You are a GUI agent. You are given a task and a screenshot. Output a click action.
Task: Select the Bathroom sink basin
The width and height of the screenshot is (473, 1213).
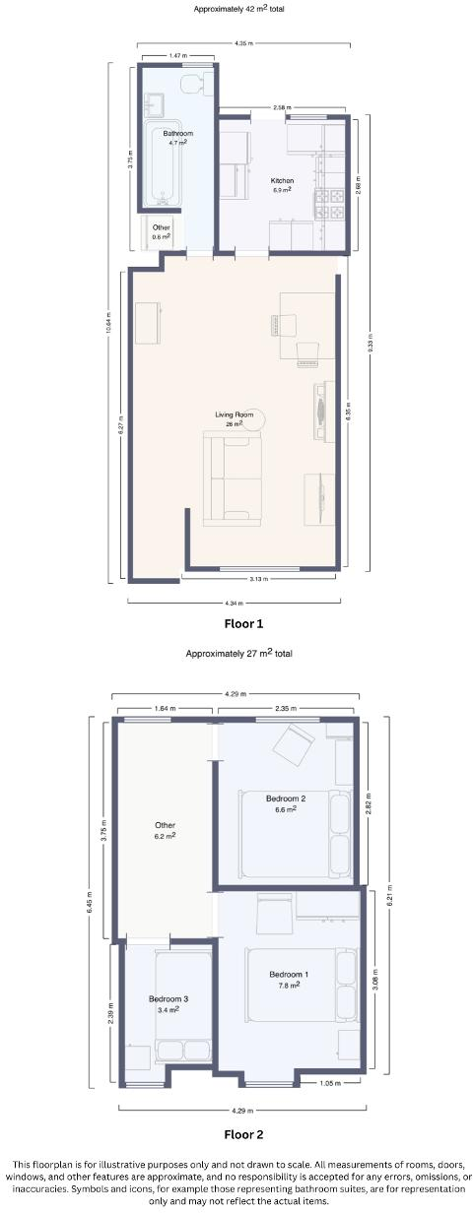(x=155, y=101)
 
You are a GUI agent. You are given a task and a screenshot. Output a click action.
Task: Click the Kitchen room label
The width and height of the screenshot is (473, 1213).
(x=283, y=180)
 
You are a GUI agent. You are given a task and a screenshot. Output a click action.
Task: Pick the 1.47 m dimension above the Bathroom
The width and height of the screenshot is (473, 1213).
(x=177, y=56)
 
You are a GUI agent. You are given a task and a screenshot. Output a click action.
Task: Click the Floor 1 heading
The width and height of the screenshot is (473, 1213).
(x=243, y=623)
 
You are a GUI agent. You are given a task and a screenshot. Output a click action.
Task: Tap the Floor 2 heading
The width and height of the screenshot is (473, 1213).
(x=243, y=1134)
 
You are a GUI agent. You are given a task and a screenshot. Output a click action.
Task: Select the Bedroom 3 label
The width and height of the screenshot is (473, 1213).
(x=169, y=998)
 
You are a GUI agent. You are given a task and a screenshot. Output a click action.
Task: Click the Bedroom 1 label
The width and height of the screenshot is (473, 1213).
(x=289, y=975)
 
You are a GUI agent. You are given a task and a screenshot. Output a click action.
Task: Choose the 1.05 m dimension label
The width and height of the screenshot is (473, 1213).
(x=330, y=1084)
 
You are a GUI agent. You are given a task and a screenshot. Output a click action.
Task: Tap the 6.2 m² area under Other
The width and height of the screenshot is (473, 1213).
(x=165, y=836)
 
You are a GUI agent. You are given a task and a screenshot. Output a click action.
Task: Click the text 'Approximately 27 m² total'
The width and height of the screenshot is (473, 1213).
(x=239, y=653)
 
